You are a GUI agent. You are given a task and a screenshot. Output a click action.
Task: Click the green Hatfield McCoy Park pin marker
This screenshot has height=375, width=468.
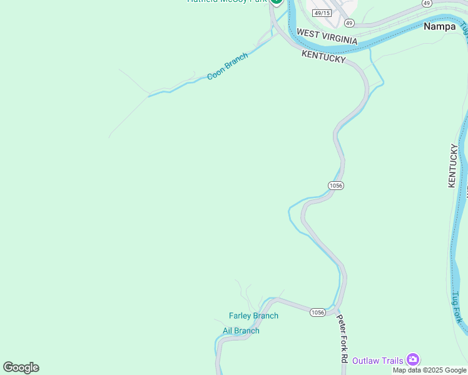pyautogui.click(x=277, y=2)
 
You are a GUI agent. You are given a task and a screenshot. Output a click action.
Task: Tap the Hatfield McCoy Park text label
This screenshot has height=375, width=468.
pyautogui.click(x=226, y=1)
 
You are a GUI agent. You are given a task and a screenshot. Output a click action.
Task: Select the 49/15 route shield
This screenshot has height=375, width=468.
pyautogui.click(x=322, y=12)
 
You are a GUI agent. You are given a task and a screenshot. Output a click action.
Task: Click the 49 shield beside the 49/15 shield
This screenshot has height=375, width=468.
pyautogui.click(x=349, y=23)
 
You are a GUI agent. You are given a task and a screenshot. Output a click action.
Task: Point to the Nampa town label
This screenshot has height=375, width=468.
pyautogui.click(x=439, y=26)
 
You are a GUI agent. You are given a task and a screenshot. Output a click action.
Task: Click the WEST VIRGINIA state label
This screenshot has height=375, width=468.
pyautogui.click(x=327, y=36)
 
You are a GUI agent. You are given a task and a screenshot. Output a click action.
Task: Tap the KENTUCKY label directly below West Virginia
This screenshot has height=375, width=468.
pyautogui.click(x=323, y=56)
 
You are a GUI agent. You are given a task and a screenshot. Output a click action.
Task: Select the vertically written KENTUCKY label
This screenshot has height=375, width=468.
pyautogui.click(x=454, y=166)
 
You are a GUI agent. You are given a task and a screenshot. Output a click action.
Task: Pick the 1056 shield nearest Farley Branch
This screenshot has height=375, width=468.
pyautogui.click(x=318, y=312)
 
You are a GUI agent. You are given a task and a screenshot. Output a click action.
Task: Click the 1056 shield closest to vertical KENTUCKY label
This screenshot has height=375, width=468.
pyautogui.click(x=336, y=186)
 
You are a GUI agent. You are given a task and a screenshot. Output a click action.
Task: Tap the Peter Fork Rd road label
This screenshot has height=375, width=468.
pyautogui.click(x=342, y=338)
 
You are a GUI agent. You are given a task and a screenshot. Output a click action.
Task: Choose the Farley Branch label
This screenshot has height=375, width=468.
pyautogui.click(x=253, y=316)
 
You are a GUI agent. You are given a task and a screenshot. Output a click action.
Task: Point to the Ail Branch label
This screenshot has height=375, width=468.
pyautogui.click(x=241, y=331)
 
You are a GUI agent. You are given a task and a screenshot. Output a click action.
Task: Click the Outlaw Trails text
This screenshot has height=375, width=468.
pyautogui.click(x=377, y=361)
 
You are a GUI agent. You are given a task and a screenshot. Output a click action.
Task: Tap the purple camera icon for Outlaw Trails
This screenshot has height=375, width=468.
pyautogui.click(x=412, y=359)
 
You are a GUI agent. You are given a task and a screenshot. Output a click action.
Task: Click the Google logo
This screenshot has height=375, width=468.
pyautogui.click(x=21, y=367)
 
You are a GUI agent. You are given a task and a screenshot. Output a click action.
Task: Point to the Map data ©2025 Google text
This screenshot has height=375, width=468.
pyautogui.click(x=429, y=370)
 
